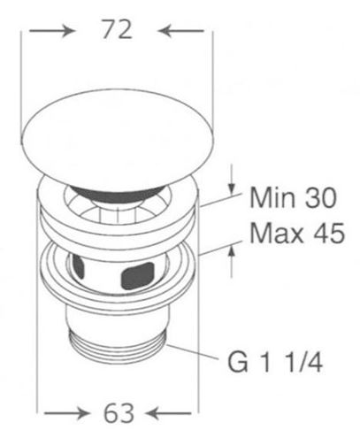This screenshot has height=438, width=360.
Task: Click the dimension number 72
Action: tap(117, 29)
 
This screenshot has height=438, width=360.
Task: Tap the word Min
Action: tap(272, 197)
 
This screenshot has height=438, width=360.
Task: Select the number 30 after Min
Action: tap(321, 197)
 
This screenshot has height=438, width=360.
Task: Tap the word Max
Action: tap(277, 234)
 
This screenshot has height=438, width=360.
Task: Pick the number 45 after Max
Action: tap(329, 234)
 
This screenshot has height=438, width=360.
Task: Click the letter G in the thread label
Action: tap(238, 362)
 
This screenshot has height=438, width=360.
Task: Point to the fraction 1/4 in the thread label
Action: tap(305, 362)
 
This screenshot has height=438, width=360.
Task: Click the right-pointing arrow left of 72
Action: tap(50, 30)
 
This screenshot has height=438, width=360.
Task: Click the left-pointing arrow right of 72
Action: tap(181, 30)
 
